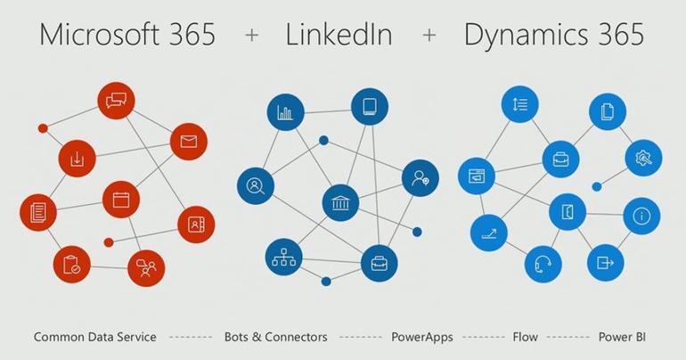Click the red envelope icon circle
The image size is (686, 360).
click(188, 142)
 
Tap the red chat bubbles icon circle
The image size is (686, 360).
click(117, 100)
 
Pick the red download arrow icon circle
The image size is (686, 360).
click(77, 159)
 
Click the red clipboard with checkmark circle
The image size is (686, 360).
click(71, 264)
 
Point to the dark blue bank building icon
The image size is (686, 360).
click(340, 200)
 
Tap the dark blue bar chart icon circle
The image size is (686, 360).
click(285, 113)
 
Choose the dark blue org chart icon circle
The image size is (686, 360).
click(285, 259)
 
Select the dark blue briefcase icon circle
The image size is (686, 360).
click(379, 264)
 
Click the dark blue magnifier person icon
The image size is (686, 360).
click(255, 186)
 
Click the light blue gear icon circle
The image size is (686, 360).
click(642, 159)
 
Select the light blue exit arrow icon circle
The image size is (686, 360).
click(606, 263)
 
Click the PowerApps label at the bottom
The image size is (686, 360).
click(422, 337)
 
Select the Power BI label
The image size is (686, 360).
click(621, 337)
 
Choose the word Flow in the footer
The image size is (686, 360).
click(525, 337)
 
